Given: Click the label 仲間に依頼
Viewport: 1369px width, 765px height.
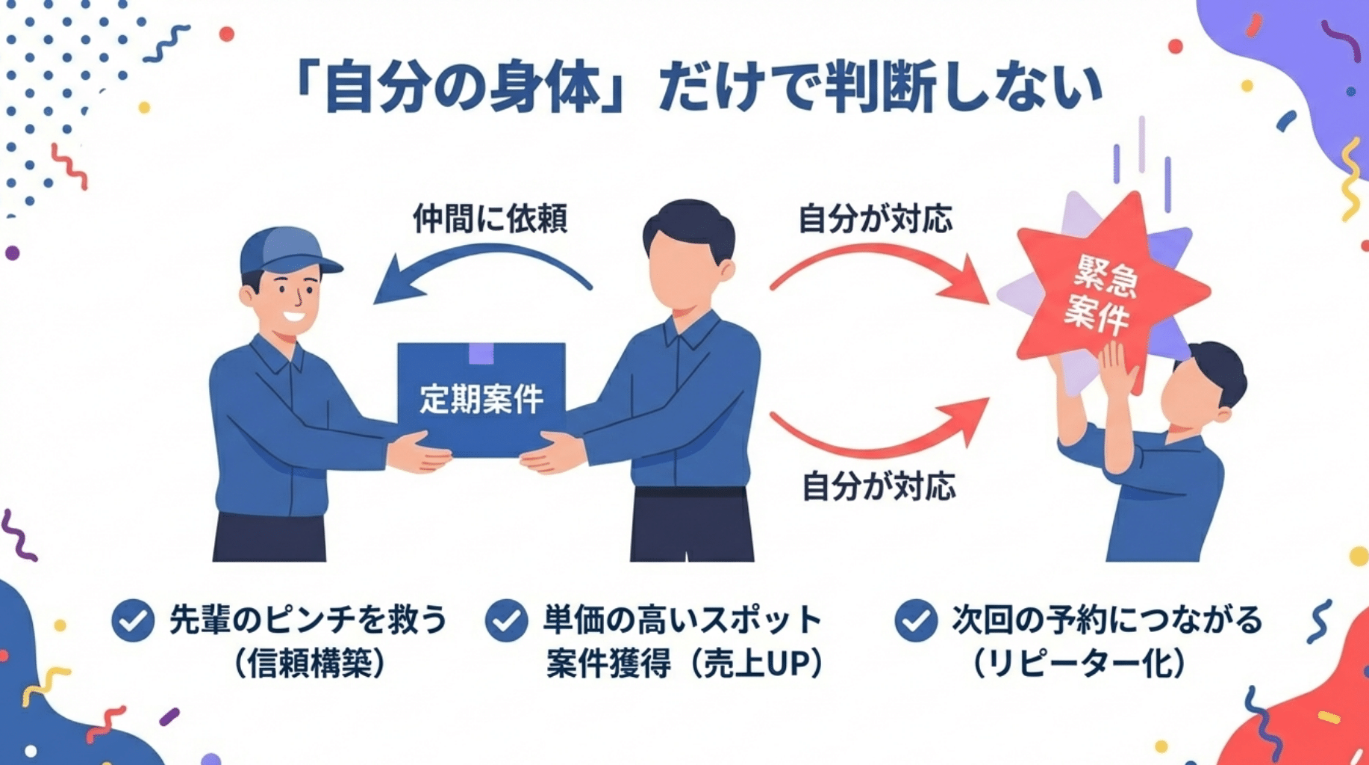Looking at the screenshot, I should [490, 219].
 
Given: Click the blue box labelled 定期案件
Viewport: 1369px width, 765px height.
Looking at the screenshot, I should [481, 400].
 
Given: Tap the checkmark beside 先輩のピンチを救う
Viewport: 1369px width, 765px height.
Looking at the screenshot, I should [133, 620].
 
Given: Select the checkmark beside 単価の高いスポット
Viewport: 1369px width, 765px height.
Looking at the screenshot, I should [506, 620].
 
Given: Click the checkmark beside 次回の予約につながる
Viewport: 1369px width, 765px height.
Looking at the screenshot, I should [916, 620].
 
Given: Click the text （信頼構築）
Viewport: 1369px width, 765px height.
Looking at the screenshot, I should [310, 663].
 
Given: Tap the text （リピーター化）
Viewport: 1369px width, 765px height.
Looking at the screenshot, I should [1079, 663].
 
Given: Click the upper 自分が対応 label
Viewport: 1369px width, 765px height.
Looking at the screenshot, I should [875, 219].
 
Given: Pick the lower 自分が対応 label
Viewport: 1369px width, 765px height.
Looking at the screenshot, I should [879, 486].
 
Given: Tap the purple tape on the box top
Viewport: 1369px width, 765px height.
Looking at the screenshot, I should [481, 353].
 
